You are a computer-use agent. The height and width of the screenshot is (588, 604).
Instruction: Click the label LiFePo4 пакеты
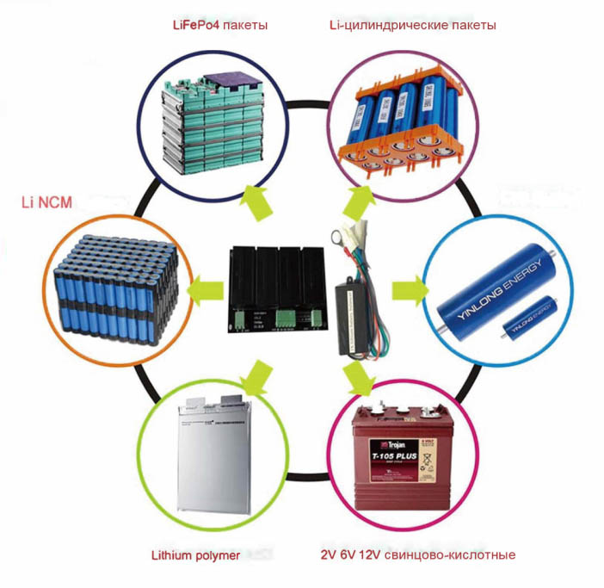tap(220, 25)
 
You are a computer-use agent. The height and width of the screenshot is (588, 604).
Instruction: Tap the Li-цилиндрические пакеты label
tap(412, 25)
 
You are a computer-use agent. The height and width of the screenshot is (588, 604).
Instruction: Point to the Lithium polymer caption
tap(194, 555)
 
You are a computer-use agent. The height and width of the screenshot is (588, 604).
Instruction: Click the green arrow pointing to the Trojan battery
tap(356, 374)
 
